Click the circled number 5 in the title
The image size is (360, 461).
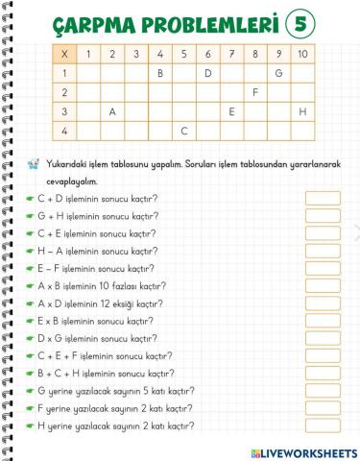point(303,21)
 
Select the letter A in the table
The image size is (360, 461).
point(112,110)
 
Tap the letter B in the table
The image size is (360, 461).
point(160,72)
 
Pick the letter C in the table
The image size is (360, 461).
point(183,130)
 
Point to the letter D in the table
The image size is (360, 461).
point(207,72)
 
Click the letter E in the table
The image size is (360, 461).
point(231,110)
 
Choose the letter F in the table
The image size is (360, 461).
point(255,91)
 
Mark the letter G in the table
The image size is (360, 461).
point(278,72)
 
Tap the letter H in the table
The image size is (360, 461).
point(302,110)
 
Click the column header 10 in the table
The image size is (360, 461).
point(302,54)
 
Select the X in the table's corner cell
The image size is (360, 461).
point(64,54)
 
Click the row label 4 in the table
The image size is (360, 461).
point(64,130)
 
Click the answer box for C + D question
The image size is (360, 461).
point(323,199)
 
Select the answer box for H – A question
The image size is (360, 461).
point(323,252)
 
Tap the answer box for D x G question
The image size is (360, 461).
point(323,339)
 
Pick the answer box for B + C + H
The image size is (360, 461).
point(323,374)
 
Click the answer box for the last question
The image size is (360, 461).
point(323,426)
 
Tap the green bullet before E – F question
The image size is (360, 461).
point(31,269)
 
